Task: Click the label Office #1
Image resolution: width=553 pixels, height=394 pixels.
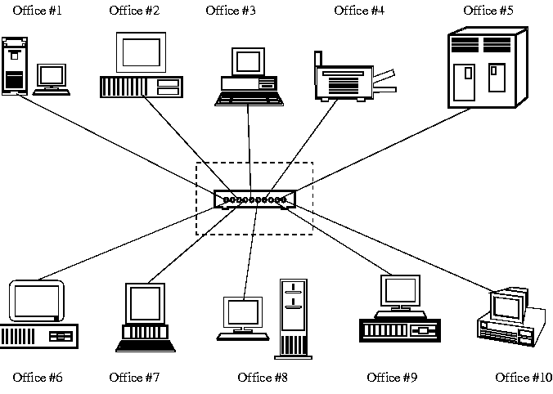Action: (38, 11)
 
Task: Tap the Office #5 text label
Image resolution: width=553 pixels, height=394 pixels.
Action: (488, 11)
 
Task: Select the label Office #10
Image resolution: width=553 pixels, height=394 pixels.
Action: (524, 377)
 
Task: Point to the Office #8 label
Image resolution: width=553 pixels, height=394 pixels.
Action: (263, 377)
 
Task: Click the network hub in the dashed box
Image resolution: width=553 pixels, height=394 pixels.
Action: (254, 199)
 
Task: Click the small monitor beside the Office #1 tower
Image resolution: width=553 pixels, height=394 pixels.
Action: (52, 76)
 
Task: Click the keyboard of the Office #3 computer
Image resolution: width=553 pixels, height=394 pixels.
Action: (250, 99)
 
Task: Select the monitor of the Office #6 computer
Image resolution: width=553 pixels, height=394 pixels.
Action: (36, 302)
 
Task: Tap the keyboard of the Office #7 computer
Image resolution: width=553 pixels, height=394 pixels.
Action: (146, 344)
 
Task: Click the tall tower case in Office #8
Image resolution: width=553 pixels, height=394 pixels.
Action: (294, 319)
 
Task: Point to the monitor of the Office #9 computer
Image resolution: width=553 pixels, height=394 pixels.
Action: (400, 290)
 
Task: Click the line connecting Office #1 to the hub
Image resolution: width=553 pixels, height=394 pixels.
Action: (115, 145)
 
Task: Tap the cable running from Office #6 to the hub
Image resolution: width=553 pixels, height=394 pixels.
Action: (123, 243)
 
